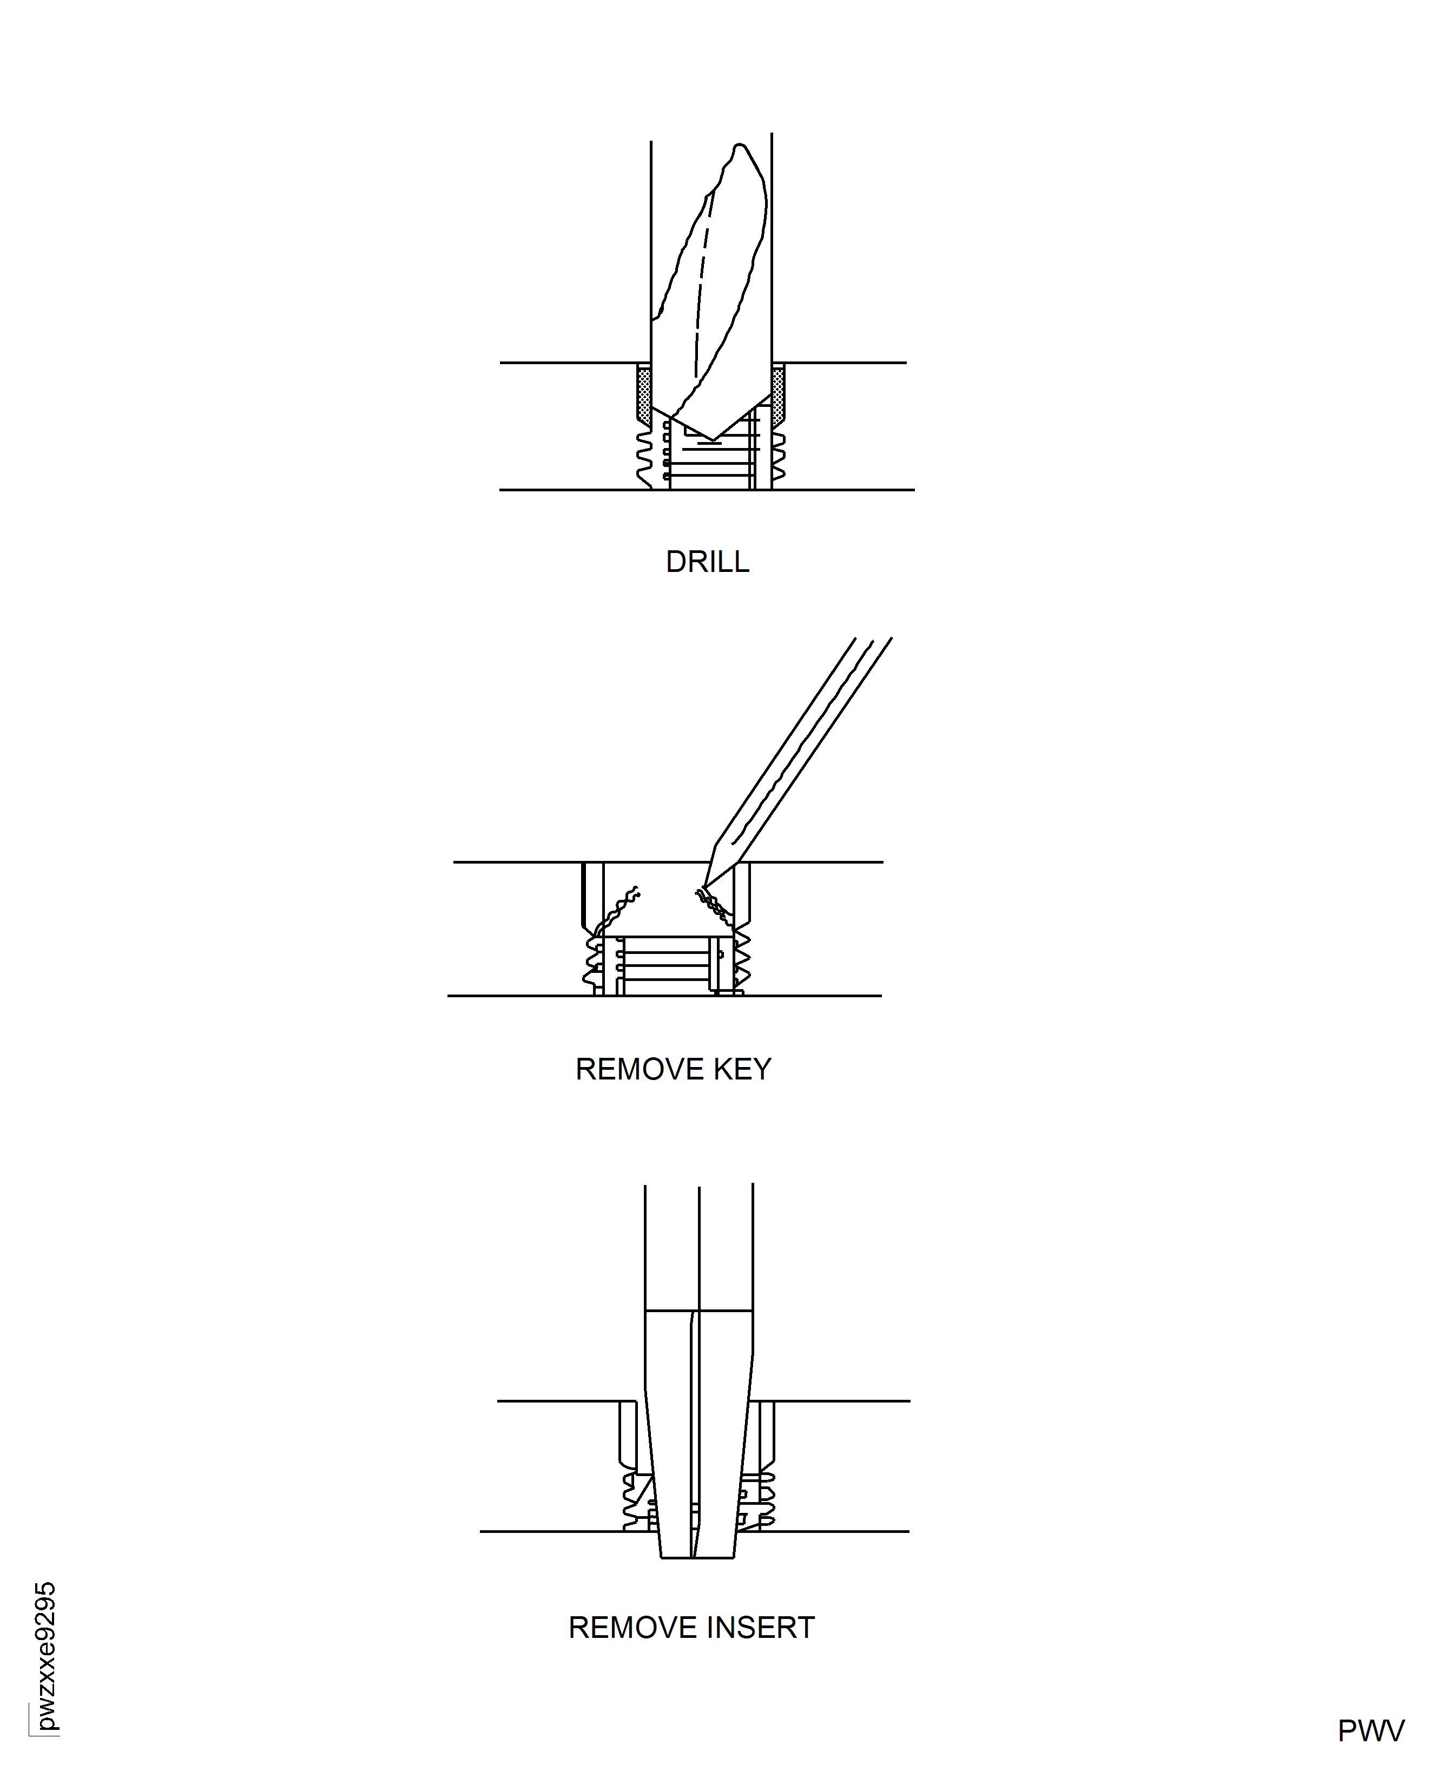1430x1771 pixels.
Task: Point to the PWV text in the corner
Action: [x=1370, y=1730]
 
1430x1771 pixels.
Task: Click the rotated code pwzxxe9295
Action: [x=46, y=1656]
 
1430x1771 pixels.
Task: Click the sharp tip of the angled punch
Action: [x=706, y=885]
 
